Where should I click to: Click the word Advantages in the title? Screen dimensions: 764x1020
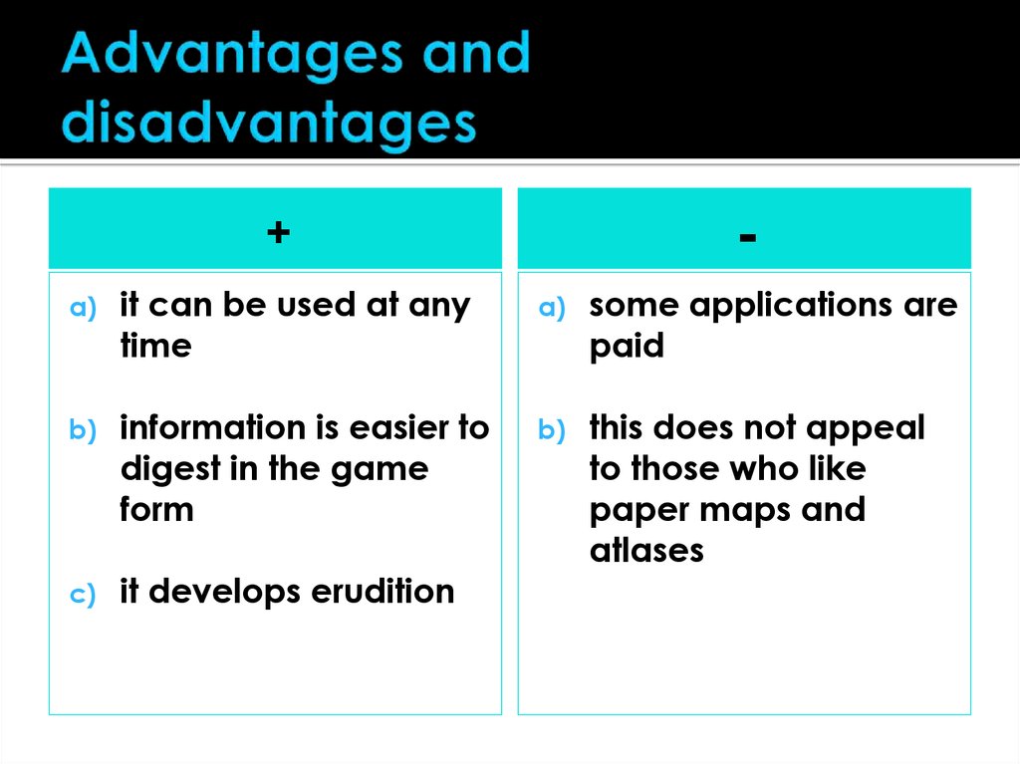[x=227, y=56]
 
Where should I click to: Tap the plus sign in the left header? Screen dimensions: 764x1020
[x=277, y=233]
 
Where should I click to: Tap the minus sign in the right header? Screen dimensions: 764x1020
[x=748, y=235]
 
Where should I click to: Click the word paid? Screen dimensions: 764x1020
[x=626, y=347]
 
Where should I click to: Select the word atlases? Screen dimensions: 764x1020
[x=646, y=551]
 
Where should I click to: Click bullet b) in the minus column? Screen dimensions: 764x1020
[x=552, y=431]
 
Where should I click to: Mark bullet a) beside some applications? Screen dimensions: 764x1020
[x=552, y=309]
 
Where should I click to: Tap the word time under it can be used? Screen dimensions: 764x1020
[x=154, y=347]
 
